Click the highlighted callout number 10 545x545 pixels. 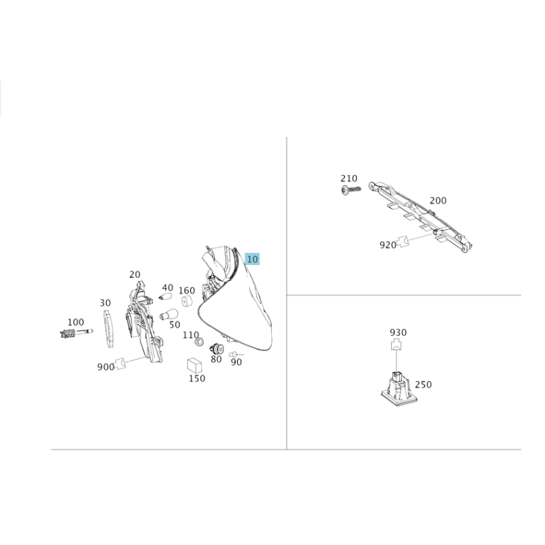tap(252, 259)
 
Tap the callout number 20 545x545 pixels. tap(134, 275)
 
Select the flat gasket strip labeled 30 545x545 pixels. tap(108, 329)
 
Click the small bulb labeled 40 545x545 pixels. tap(166, 296)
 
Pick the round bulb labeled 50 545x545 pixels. tap(169, 315)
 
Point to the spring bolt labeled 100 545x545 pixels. tap(76, 333)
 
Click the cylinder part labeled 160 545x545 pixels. tap(187, 301)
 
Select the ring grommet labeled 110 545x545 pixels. tap(199, 342)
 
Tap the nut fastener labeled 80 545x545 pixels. tap(217, 349)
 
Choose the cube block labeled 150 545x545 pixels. tap(194, 365)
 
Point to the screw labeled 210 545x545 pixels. tap(351, 190)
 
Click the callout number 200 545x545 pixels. tap(438, 200)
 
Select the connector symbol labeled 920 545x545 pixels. tap(403, 242)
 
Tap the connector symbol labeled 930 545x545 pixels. tap(396, 345)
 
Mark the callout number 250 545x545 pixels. tap(423, 384)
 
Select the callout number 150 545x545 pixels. tap(197, 378)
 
